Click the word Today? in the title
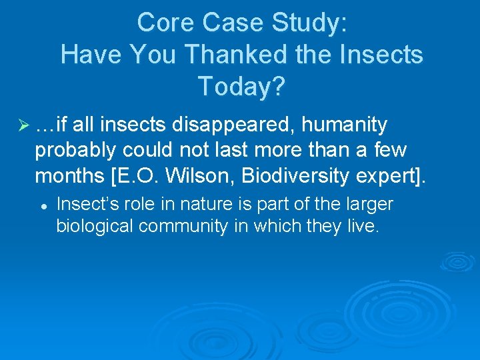pyautogui.click(x=241, y=85)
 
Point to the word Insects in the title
pyautogui.click(x=383, y=54)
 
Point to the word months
pyautogui.click(x=65, y=175)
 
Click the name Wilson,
pyautogui.click(x=204, y=175)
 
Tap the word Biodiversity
pyautogui.click(x=297, y=175)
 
